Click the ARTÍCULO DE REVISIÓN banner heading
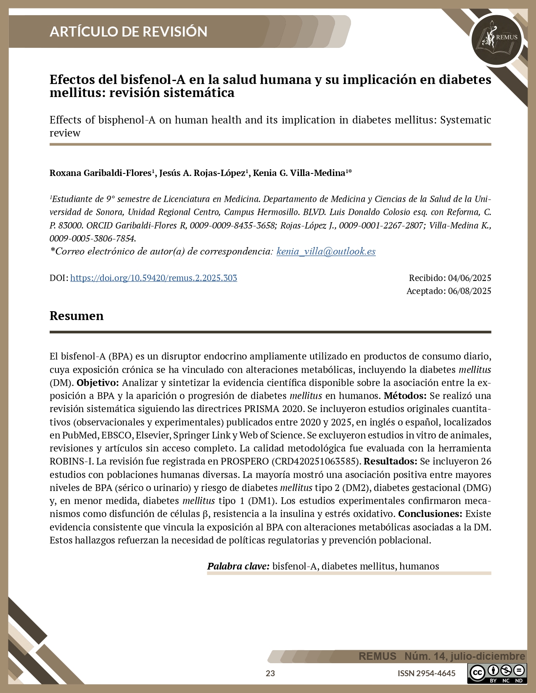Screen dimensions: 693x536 click(x=128, y=31)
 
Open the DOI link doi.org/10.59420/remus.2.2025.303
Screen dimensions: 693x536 click(x=153, y=278)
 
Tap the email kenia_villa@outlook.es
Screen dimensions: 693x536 click(x=326, y=252)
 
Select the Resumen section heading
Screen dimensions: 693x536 click(x=77, y=316)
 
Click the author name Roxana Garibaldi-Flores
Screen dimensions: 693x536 click(x=100, y=173)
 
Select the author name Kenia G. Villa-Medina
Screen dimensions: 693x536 click(x=299, y=173)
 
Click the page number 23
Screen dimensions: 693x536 click(x=270, y=673)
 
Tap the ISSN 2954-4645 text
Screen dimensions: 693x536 click(x=426, y=673)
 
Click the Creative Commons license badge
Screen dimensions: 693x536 click(x=497, y=673)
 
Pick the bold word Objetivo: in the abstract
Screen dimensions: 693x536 click(x=98, y=383)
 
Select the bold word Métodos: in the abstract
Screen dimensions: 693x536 click(x=405, y=396)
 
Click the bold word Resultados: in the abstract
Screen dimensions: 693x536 click(x=390, y=461)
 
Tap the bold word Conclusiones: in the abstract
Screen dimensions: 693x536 click(x=430, y=514)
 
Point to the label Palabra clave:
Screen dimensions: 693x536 click(x=238, y=566)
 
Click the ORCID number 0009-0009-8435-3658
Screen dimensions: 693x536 click(x=232, y=226)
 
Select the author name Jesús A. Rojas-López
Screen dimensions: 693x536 click(x=202, y=173)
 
